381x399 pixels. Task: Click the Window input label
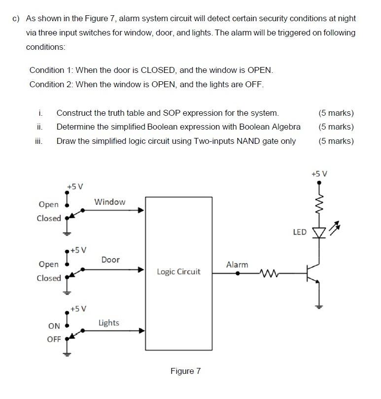pos(109,202)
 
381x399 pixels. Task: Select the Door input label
pos(110,260)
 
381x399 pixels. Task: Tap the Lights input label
pos(108,323)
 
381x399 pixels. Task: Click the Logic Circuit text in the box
pos(178,271)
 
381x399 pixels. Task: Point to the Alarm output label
pos(237,265)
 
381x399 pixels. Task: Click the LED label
pos(300,232)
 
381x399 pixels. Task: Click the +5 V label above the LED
pos(319,173)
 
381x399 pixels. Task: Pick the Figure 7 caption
pos(185,371)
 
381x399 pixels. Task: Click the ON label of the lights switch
pos(54,326)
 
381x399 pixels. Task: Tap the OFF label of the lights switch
pos(54,339)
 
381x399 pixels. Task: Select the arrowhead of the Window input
pos(141,210)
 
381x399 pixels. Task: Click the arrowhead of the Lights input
pos(141,331)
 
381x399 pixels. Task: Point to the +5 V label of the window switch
pos(75,186)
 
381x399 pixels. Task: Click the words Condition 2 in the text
pos(51,84)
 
